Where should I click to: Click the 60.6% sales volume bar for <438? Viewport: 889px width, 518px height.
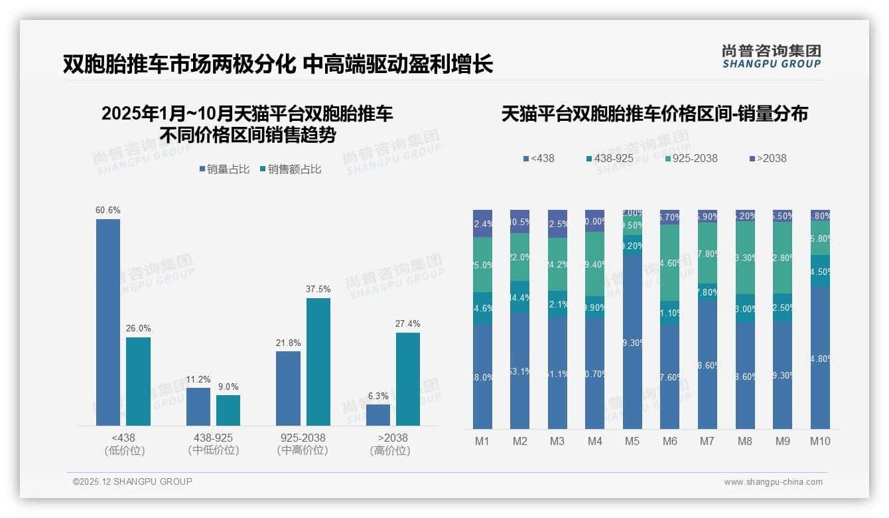coord(108,322)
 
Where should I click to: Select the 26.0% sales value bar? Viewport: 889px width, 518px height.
coord(138,381)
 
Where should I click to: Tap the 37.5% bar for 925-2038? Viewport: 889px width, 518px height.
coord(318,362)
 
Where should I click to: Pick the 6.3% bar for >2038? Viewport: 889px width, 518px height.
coord(378,415)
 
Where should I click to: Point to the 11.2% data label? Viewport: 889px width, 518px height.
coord(198,380)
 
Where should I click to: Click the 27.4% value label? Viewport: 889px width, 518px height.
coord(408,324)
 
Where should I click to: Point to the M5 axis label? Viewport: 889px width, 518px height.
coord(632,441)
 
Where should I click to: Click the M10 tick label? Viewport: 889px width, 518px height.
coord(820,441)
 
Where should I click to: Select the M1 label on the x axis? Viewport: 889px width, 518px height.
coord(482,441)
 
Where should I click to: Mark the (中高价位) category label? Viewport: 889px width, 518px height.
coord(303,450)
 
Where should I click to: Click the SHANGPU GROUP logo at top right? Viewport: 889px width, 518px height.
coord(771,56)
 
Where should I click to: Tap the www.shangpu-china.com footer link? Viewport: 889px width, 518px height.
coord(773,482)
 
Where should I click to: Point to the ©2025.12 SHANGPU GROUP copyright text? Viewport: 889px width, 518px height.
coord(133,482)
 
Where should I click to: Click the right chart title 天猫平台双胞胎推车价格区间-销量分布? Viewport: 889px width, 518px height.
coord(654,114)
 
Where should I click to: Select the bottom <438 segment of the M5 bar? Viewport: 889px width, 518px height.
coord(633,342)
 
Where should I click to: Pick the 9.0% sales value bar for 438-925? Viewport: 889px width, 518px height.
coord(228,410)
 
